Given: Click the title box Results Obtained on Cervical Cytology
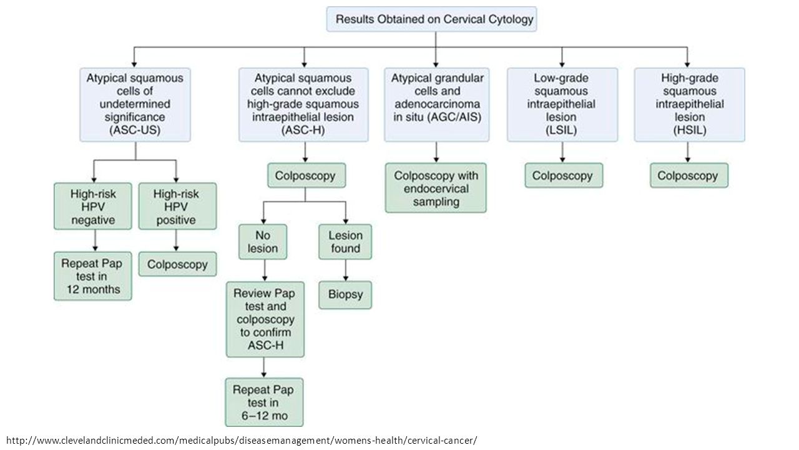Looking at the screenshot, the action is (431, 19).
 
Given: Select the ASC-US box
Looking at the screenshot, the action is (135, 104).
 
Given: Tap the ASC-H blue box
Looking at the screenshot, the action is (303, 104).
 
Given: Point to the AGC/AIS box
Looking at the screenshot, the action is (436, 104).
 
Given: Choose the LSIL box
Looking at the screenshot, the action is (562, 104).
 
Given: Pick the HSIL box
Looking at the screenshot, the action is (690, 104).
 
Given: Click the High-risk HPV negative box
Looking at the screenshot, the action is (93, 206).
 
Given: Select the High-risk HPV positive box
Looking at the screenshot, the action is (177, 206).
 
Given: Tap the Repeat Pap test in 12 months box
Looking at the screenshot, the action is (93, 276).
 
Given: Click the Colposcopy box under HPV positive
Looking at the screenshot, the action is (177, 264).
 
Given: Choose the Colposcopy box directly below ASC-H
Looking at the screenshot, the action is (306, 176).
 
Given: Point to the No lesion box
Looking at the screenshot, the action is (263, 242).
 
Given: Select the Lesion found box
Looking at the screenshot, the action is (345, 242).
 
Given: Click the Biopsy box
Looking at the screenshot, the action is (345, 294).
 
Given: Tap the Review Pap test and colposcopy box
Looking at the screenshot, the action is (265, 319).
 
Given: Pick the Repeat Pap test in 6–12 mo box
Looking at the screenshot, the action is (264, 402).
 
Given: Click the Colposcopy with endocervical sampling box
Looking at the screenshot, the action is (436, 188).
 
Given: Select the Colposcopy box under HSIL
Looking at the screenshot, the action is (689, 176).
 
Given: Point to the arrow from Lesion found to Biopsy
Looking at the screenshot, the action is (345, 271).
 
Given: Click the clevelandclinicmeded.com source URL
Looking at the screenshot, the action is (242, 440).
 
